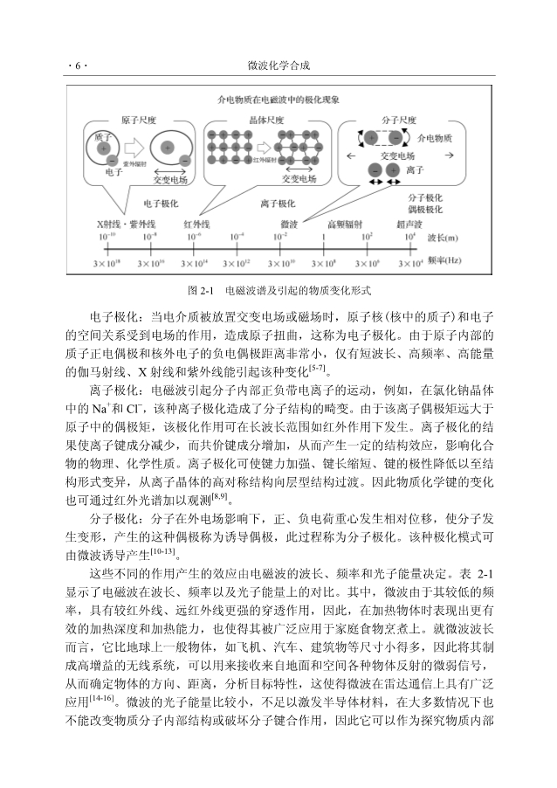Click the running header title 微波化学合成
click(278, 66)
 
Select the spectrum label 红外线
click(197, 225)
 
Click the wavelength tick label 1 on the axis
click(325, 237)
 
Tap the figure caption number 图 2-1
click(201, 290)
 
